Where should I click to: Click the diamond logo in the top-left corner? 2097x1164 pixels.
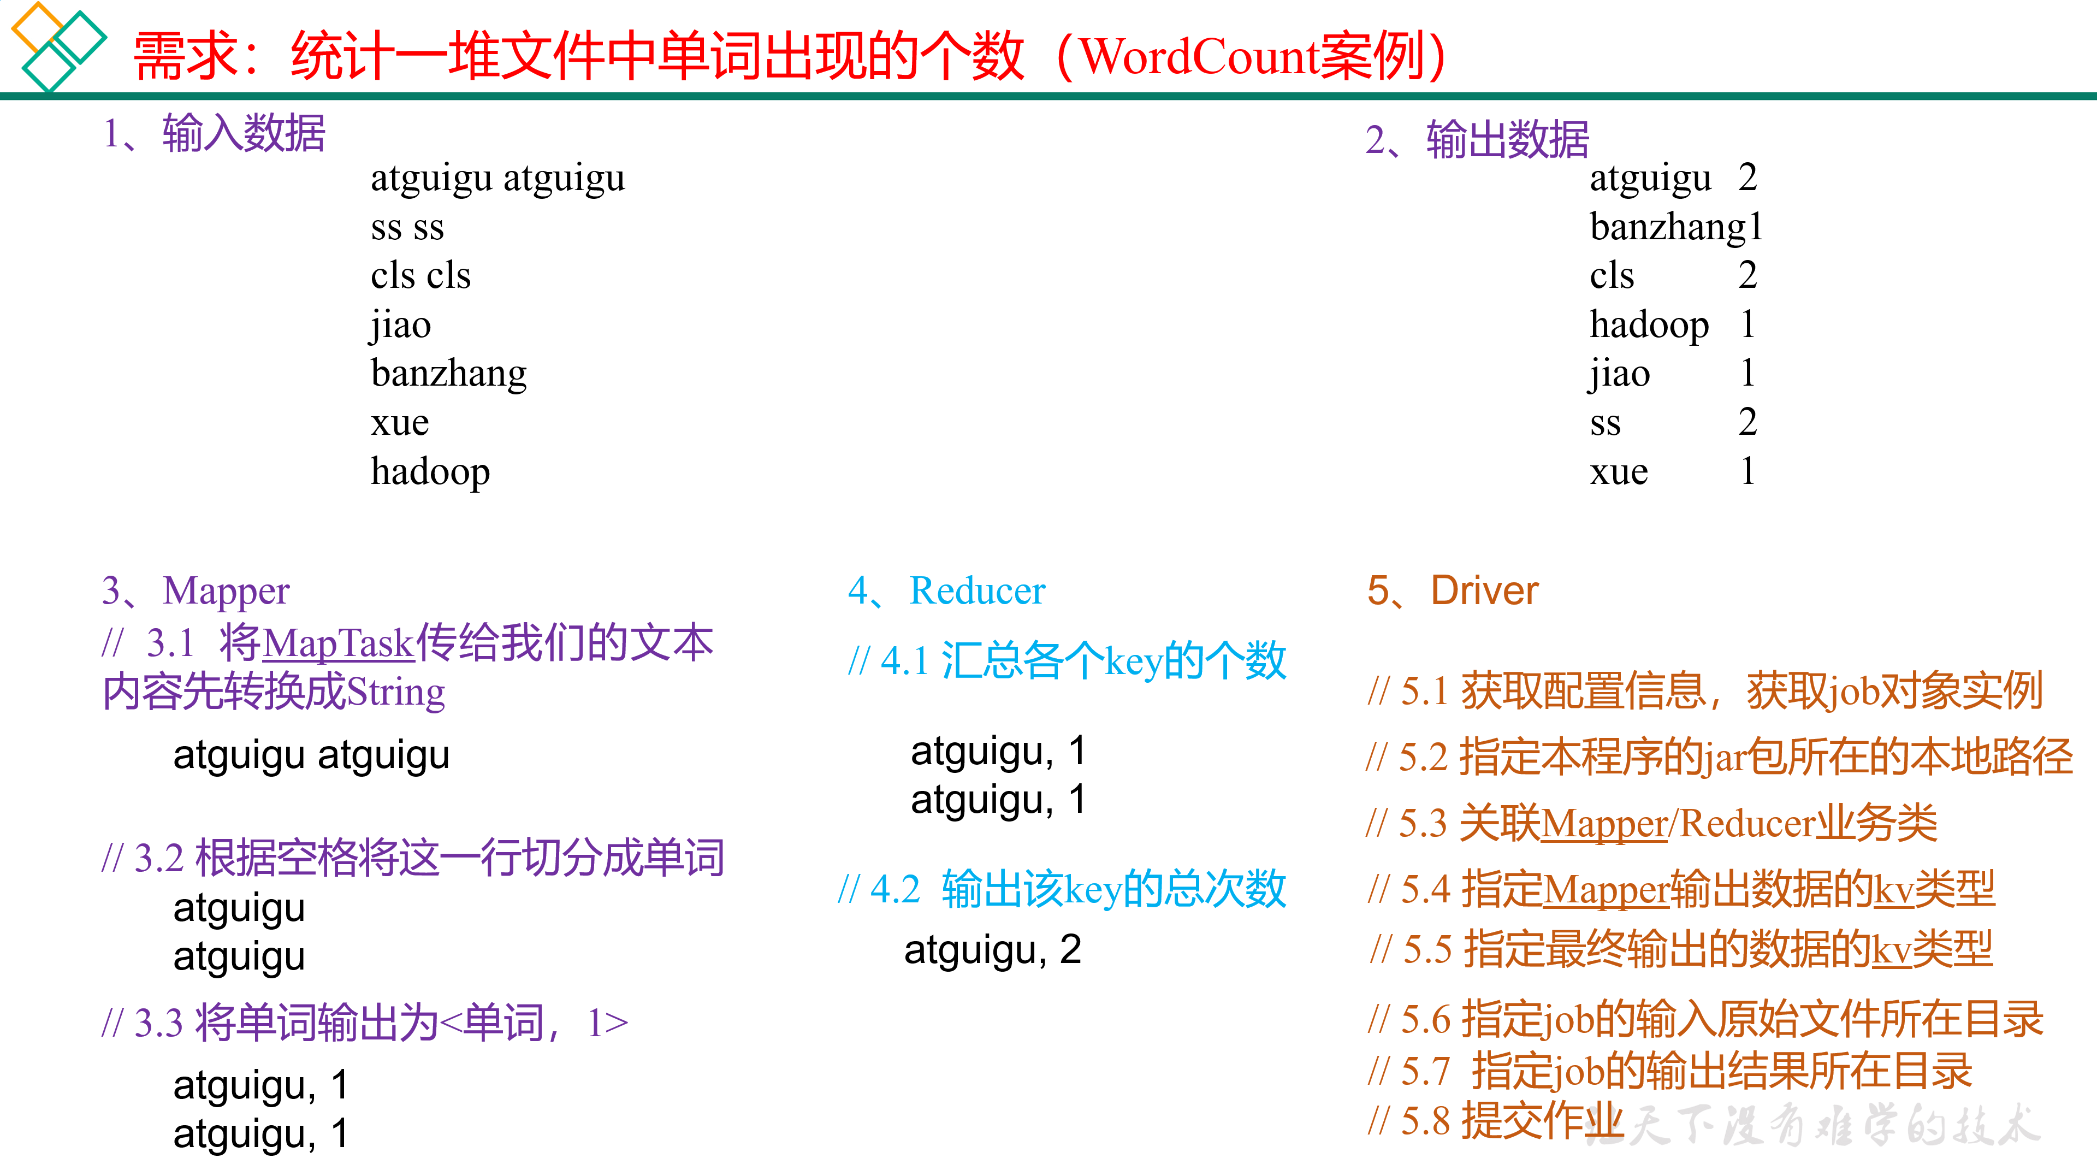click(x=57, y=45)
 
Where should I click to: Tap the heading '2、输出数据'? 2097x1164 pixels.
click(x=1477, y=139)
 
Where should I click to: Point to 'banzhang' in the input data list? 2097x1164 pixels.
click(x=448, y=374)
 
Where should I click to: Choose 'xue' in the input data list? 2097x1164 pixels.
click(x=400, y=422)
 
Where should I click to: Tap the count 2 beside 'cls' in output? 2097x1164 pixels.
click(x=1747, y=275)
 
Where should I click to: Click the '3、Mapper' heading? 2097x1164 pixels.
click(x=196, y=590)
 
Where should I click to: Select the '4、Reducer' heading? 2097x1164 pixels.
click(x=946, y=590)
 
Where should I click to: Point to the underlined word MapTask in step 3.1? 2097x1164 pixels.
click(x=339, y=643)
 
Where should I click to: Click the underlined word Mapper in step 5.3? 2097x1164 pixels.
click(x=1604, y=823)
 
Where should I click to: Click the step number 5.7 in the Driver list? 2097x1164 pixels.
click(x=1425, y=1071)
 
